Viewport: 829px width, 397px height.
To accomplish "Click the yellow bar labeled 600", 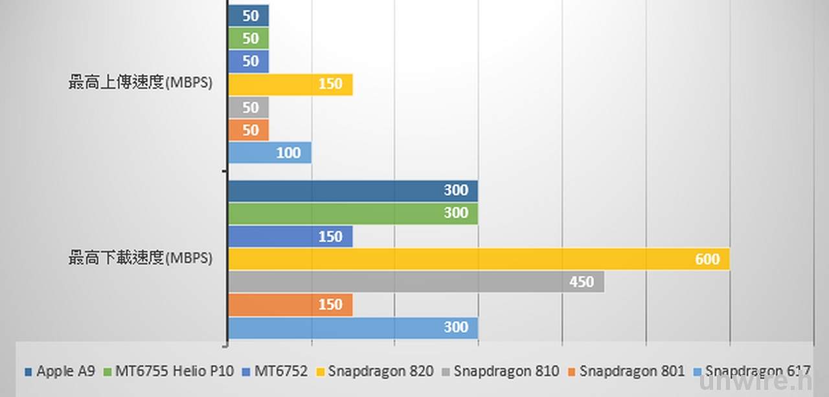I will coord(479,259).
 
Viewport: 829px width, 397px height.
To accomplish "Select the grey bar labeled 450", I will coord(416,282).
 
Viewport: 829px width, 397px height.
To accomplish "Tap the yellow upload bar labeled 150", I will coord(291,84).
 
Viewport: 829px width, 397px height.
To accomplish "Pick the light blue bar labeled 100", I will coord(270,153).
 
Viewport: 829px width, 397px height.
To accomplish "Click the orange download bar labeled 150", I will coord(291,305).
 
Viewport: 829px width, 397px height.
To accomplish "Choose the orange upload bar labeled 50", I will coord(249,130).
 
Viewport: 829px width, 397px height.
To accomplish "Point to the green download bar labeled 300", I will coord(353,213).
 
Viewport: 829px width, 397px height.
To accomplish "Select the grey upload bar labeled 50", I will coord(249,107).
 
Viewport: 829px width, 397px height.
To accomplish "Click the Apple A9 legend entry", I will coord(61,372).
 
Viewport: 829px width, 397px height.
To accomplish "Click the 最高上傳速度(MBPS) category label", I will coord(141,83).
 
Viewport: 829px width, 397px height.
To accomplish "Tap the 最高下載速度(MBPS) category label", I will coord(141,259).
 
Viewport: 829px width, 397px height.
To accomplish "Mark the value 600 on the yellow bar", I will coord(707,259).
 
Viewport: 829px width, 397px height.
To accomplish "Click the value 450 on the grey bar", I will coord(582,282).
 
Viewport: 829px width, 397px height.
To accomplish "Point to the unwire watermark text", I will coord(755,385).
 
